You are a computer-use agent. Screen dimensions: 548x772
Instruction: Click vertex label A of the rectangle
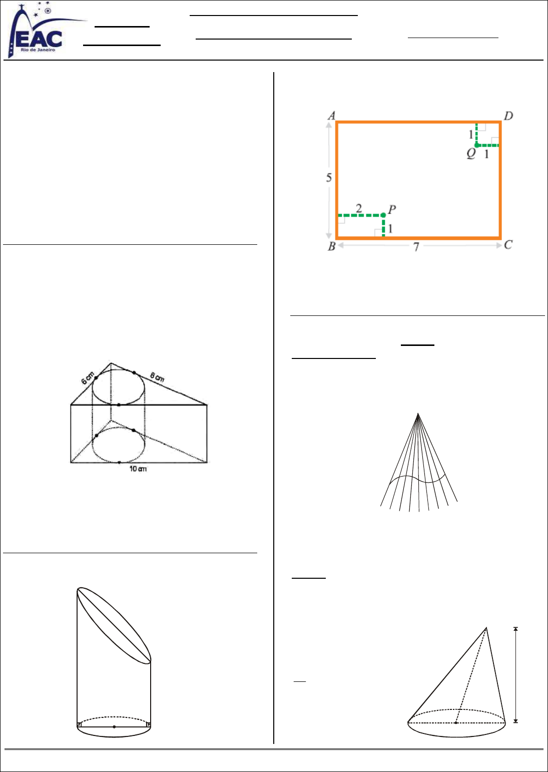(331, 116)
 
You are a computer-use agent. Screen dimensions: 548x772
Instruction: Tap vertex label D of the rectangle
(508, 116)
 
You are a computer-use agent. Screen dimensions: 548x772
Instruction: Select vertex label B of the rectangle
(332, 246)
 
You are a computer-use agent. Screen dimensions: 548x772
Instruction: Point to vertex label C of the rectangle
(508, 245)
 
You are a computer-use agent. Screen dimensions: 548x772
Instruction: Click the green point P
(383, 215)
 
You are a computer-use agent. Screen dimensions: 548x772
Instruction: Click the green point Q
(477, 146)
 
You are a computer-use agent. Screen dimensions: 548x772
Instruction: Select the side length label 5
(329, 178)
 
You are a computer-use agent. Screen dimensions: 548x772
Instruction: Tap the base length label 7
(416, 247)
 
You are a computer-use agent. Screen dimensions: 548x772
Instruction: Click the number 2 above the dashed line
(359, 208)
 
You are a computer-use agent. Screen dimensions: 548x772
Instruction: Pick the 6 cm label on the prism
(88, 378)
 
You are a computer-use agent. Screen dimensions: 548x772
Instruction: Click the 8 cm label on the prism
(157, 377)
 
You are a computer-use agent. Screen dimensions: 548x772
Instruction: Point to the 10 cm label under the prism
(138, 469)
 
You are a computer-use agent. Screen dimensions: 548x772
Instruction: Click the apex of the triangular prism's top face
(111, 363)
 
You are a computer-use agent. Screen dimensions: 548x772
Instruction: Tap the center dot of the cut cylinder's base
(114, 727)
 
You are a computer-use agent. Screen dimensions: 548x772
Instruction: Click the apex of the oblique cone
(486, 628)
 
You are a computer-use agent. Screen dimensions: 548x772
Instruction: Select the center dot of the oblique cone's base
(456, 723)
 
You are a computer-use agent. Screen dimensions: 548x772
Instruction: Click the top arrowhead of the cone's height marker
(515, 629)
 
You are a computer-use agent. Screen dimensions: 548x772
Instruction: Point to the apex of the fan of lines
(418, 413)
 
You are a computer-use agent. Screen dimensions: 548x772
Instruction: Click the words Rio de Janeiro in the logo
(38, 50)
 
